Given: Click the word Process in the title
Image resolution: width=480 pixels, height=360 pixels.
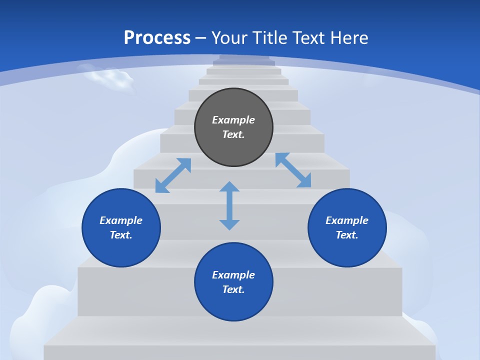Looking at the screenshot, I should tap(157, 38).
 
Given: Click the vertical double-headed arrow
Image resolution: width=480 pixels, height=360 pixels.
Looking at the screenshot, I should tap(229, 205).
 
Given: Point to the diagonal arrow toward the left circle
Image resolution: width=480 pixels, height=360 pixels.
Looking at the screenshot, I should tap(173, 175).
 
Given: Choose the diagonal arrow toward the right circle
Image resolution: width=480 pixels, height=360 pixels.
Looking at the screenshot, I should tap(293, 170).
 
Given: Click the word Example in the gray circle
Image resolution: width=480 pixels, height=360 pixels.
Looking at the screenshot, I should tap(233, 120).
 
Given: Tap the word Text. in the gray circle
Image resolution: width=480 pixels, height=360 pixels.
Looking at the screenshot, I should tap(233, 134).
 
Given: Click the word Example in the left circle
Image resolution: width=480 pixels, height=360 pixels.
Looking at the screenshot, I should tap(121, 220).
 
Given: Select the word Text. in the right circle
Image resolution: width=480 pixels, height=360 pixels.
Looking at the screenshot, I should tap(347, 235).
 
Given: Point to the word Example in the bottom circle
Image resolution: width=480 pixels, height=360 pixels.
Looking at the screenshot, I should tap(233, 275).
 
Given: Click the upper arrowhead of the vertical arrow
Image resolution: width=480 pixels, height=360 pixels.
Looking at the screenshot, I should tap(229, 187).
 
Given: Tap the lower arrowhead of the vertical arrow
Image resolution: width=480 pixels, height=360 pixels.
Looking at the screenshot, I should tap(229, 224).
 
